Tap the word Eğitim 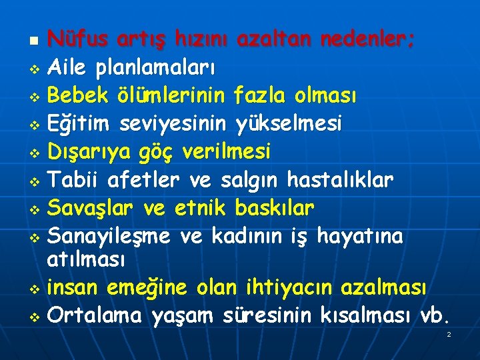81,124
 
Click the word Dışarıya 91,153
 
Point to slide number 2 449,334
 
